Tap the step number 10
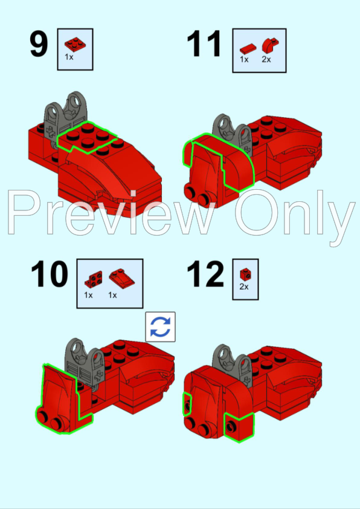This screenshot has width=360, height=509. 50,274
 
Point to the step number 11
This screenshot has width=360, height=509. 204,44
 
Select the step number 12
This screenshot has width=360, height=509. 205,274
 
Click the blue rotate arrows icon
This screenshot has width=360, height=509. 160,327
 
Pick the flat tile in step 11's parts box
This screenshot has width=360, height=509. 248,49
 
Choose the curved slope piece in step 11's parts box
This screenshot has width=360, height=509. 270,45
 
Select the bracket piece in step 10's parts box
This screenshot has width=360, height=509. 94,279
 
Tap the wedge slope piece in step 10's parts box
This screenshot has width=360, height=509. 121,279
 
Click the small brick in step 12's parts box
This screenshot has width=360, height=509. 245,274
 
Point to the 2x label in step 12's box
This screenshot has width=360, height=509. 244,287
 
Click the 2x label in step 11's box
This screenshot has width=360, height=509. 266,59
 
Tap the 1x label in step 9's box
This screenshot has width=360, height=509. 69,57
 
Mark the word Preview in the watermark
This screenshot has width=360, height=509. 111,213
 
